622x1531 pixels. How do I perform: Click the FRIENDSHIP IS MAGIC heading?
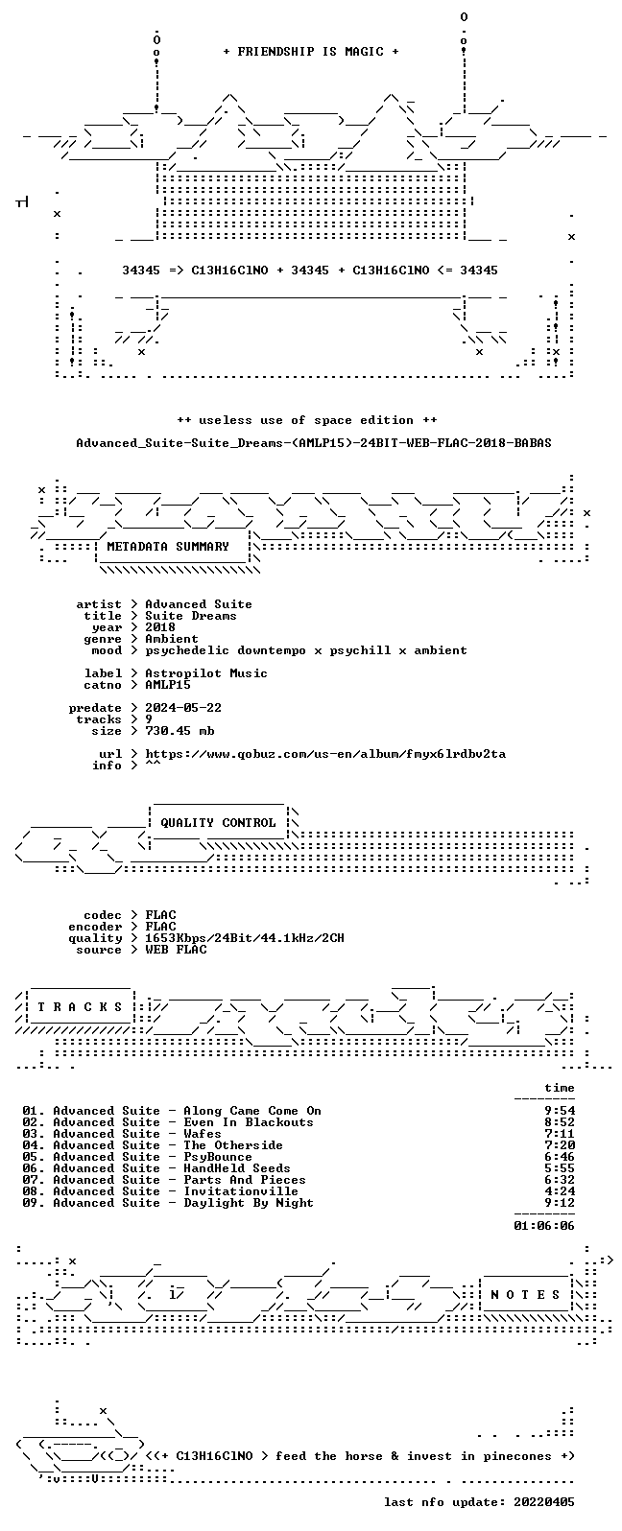tap(311, 52)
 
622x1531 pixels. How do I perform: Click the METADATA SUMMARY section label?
tap(168, 547)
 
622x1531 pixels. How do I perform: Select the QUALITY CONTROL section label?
tap(218, 823)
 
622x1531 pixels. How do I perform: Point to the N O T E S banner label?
tap(525, 1294)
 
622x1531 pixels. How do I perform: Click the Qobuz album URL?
tap(325, 755)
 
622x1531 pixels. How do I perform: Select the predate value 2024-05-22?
tap(183, 708)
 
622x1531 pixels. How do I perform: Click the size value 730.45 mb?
tap(179, 731)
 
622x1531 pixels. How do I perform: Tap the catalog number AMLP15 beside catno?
tap(168, 685)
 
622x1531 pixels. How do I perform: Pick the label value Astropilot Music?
tap(206, 673)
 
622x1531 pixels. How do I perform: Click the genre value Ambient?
tap(172, 639)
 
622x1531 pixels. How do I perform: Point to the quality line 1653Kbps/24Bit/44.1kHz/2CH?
tap(245, 938)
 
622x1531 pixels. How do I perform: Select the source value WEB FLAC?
tap(176, 950)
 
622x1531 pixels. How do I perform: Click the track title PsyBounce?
tap(218, 1157)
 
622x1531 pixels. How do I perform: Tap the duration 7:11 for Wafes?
tap(560, 1134)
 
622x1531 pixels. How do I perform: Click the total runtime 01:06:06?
tap(544, 1226)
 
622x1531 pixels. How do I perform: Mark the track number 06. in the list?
tap(34, 1168)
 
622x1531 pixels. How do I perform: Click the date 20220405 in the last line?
tap(544, 1502)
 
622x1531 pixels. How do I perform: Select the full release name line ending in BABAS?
tap(314, 443)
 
